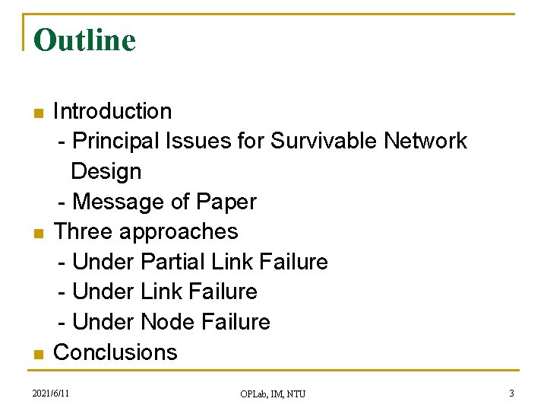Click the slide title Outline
point(84,40)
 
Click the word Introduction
point(112,111)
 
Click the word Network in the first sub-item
point(425,141)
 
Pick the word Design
point(106,171)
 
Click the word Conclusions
point(115,352)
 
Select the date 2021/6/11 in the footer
point(51,393)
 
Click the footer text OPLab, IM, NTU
point(273,393)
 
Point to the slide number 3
point(511,393)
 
